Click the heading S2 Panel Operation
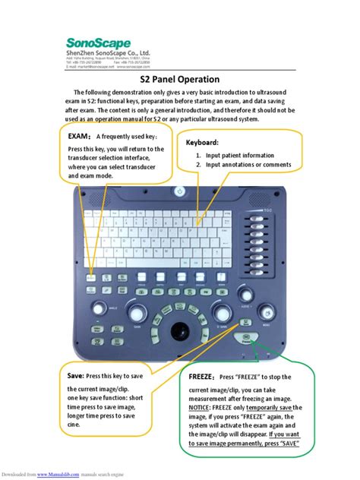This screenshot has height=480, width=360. click(x=180, y=79)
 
